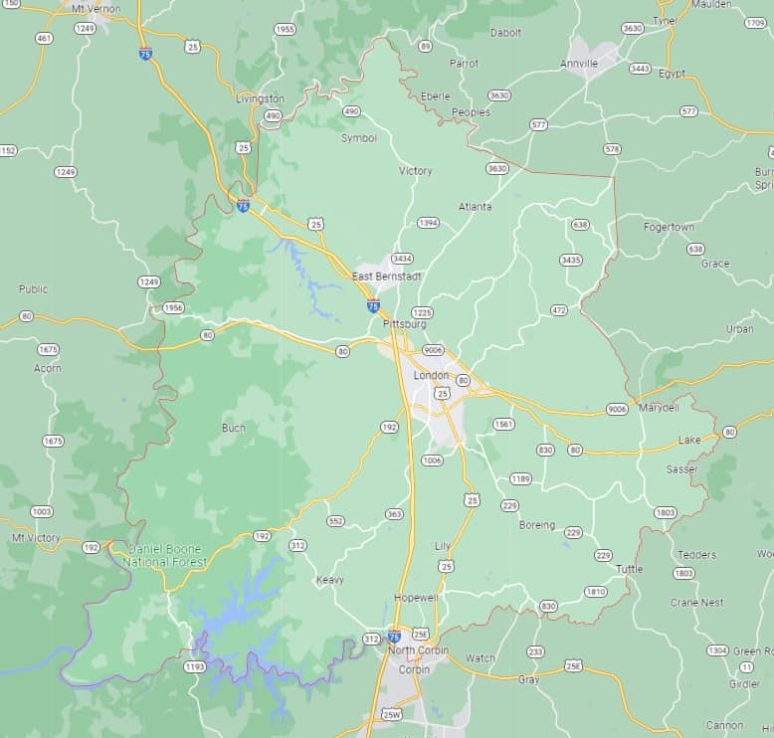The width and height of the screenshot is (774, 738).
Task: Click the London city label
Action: [433, 361]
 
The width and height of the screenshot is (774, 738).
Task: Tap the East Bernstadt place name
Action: [387, 276]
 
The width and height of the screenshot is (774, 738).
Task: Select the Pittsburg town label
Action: [404, 324]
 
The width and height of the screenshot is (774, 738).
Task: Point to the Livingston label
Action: [260, 98]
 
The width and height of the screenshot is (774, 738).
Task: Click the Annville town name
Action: [579, 64]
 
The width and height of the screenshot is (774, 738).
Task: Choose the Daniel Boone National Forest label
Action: [165, 555]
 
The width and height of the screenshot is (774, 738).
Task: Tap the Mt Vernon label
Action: [97, 9]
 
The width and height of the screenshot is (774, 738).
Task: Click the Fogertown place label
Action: [669, 227]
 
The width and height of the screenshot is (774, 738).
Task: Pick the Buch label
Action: [234, 428]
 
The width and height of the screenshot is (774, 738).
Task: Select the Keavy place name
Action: [329, 580]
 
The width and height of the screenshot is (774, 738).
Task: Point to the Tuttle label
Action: [629, 569]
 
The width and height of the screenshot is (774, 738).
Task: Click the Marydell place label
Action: [659, 408]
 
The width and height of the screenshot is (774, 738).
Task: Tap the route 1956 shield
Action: [174, 307]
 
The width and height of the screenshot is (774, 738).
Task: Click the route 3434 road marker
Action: [402, 259]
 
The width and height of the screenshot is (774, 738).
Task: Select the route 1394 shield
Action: [428, 223]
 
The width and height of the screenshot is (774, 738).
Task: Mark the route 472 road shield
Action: [558, 310]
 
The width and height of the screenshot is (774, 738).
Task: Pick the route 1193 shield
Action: [195, 666]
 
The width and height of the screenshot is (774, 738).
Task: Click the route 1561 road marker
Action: [503, 425]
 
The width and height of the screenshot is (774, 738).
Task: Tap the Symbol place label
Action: [359, 138]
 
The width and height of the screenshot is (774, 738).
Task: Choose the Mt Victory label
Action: [36, 538]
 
